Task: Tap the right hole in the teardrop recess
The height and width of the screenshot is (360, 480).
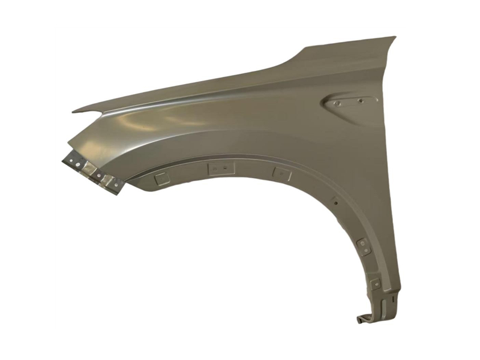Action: coord(361,101)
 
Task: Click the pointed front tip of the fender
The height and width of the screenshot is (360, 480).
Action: coord(74,111)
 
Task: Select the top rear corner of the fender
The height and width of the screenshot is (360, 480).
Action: coord(394,38)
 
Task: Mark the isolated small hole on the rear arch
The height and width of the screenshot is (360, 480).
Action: coord(335,203)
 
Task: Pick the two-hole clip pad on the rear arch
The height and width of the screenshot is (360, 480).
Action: coord(363,245)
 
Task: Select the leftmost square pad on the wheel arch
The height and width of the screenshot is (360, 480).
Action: coord(160,178)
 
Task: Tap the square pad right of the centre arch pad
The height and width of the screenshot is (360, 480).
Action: coord(281,174)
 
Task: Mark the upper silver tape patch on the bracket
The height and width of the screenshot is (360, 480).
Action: coord(89,169)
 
